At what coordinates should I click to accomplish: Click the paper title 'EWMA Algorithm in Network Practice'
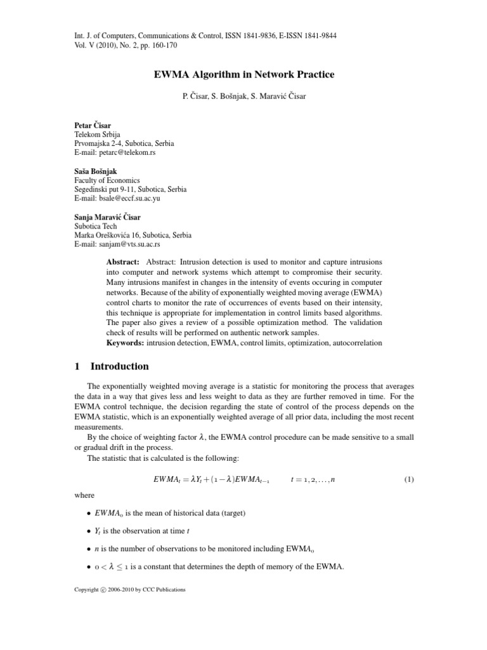pos(244,75)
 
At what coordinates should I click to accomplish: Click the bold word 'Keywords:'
pos(125,343)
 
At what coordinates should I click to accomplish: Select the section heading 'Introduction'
pos(120,366)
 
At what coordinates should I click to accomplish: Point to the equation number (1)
pos(408,480)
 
